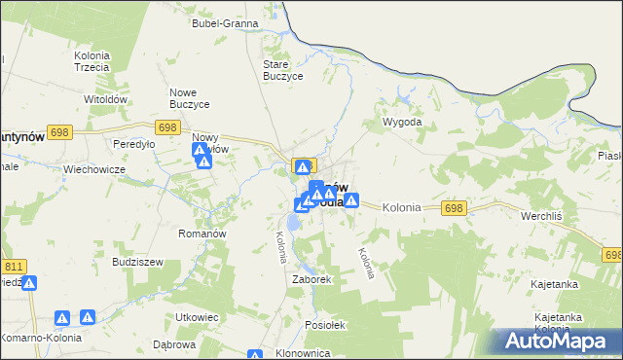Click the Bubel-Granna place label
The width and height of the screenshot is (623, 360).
(225, 22)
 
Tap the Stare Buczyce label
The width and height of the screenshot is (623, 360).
(284, 70)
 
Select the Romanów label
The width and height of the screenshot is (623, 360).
(202, 234)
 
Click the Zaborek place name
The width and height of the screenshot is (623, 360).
(313, 279)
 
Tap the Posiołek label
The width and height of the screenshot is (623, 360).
(325, 325)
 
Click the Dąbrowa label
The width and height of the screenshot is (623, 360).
(175, 344)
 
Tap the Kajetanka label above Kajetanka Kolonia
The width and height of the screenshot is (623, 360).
(556, 284)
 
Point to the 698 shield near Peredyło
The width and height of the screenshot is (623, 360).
(166, 127)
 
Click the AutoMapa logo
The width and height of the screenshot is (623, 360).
(555, 342)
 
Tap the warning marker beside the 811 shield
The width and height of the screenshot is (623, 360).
(29, 283)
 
